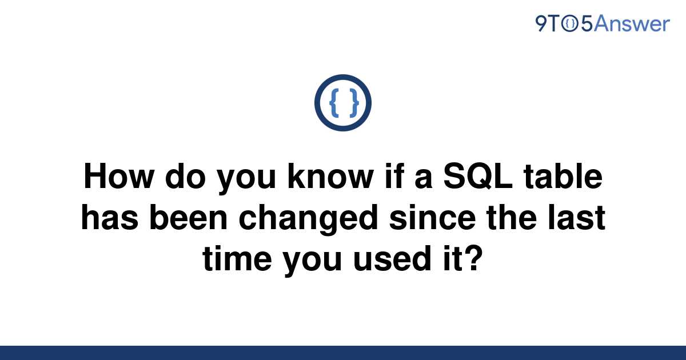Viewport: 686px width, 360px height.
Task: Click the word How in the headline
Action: coord(119,177)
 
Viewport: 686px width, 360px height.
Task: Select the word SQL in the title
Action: coord(478,177)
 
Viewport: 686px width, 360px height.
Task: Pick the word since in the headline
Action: coord(432,217)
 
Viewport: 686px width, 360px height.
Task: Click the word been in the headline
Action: coord(188,217)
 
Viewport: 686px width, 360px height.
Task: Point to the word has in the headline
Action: coord(110,217)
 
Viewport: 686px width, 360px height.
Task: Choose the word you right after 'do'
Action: coord(246,180)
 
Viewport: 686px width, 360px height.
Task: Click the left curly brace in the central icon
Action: coord(334,103)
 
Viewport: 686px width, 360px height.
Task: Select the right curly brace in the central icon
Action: coord(354,103)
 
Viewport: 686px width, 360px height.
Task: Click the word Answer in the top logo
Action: coord(632,23)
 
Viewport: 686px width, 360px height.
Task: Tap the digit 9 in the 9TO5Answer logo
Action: coord(541,23)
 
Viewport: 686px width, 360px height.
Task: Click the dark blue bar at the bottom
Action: coord(343,353)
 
